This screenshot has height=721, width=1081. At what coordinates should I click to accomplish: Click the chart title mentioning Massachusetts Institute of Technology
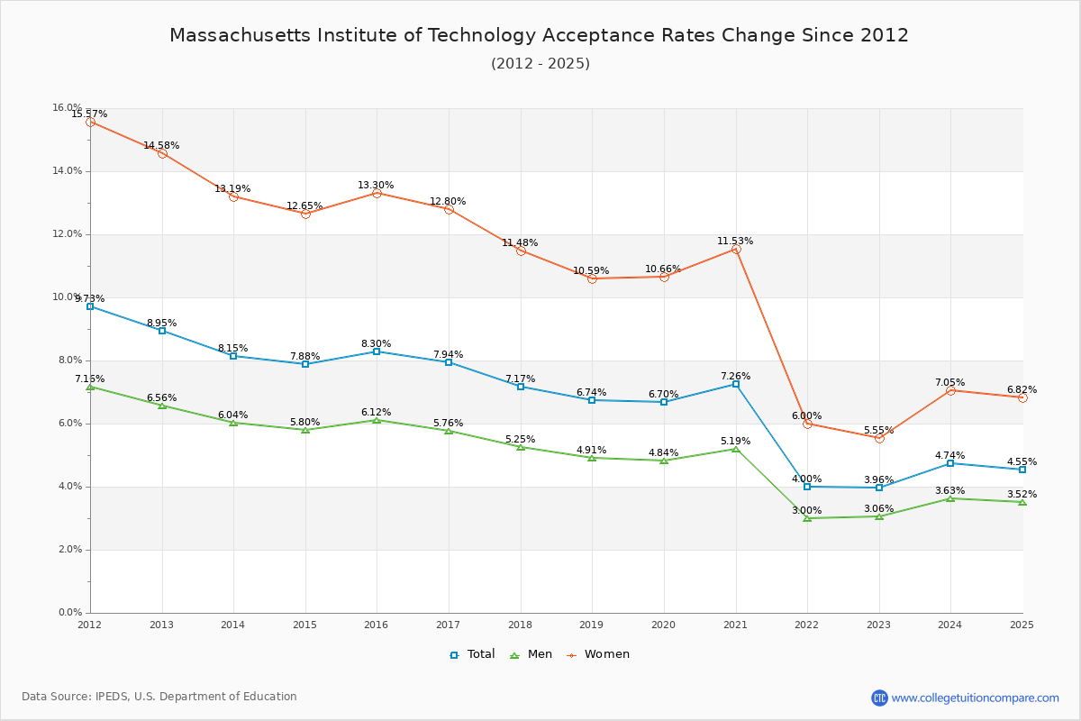pos(539,35)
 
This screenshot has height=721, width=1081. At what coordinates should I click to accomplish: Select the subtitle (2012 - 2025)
pos(540,64)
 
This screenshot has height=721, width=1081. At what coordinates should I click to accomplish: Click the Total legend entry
pos(472,654)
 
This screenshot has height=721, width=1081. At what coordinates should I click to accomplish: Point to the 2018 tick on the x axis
pos(520,624)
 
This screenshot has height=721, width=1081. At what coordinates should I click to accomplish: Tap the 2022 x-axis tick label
pos(807,624)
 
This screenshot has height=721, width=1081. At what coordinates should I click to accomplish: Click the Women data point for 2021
pos(735,250)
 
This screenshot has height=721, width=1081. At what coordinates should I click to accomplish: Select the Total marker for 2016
pos(377,351)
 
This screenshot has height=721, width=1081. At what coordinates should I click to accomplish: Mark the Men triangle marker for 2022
pos(807,518)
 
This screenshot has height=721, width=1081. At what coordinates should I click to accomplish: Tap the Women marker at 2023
pos(879,438)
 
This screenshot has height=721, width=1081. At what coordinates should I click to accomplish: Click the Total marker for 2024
pos(950,463)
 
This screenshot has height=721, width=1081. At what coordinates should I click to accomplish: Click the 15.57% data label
pos(89,114)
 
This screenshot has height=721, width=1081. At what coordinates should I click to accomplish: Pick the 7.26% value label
pos(735,376)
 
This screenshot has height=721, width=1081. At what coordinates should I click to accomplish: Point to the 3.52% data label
pos(1022,494)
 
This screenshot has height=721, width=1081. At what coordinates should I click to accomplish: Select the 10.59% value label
pos(591,270)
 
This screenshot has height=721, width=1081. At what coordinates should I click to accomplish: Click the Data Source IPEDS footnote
pos(159,697)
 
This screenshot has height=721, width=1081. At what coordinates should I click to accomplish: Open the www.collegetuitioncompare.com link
pos(975,698)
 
